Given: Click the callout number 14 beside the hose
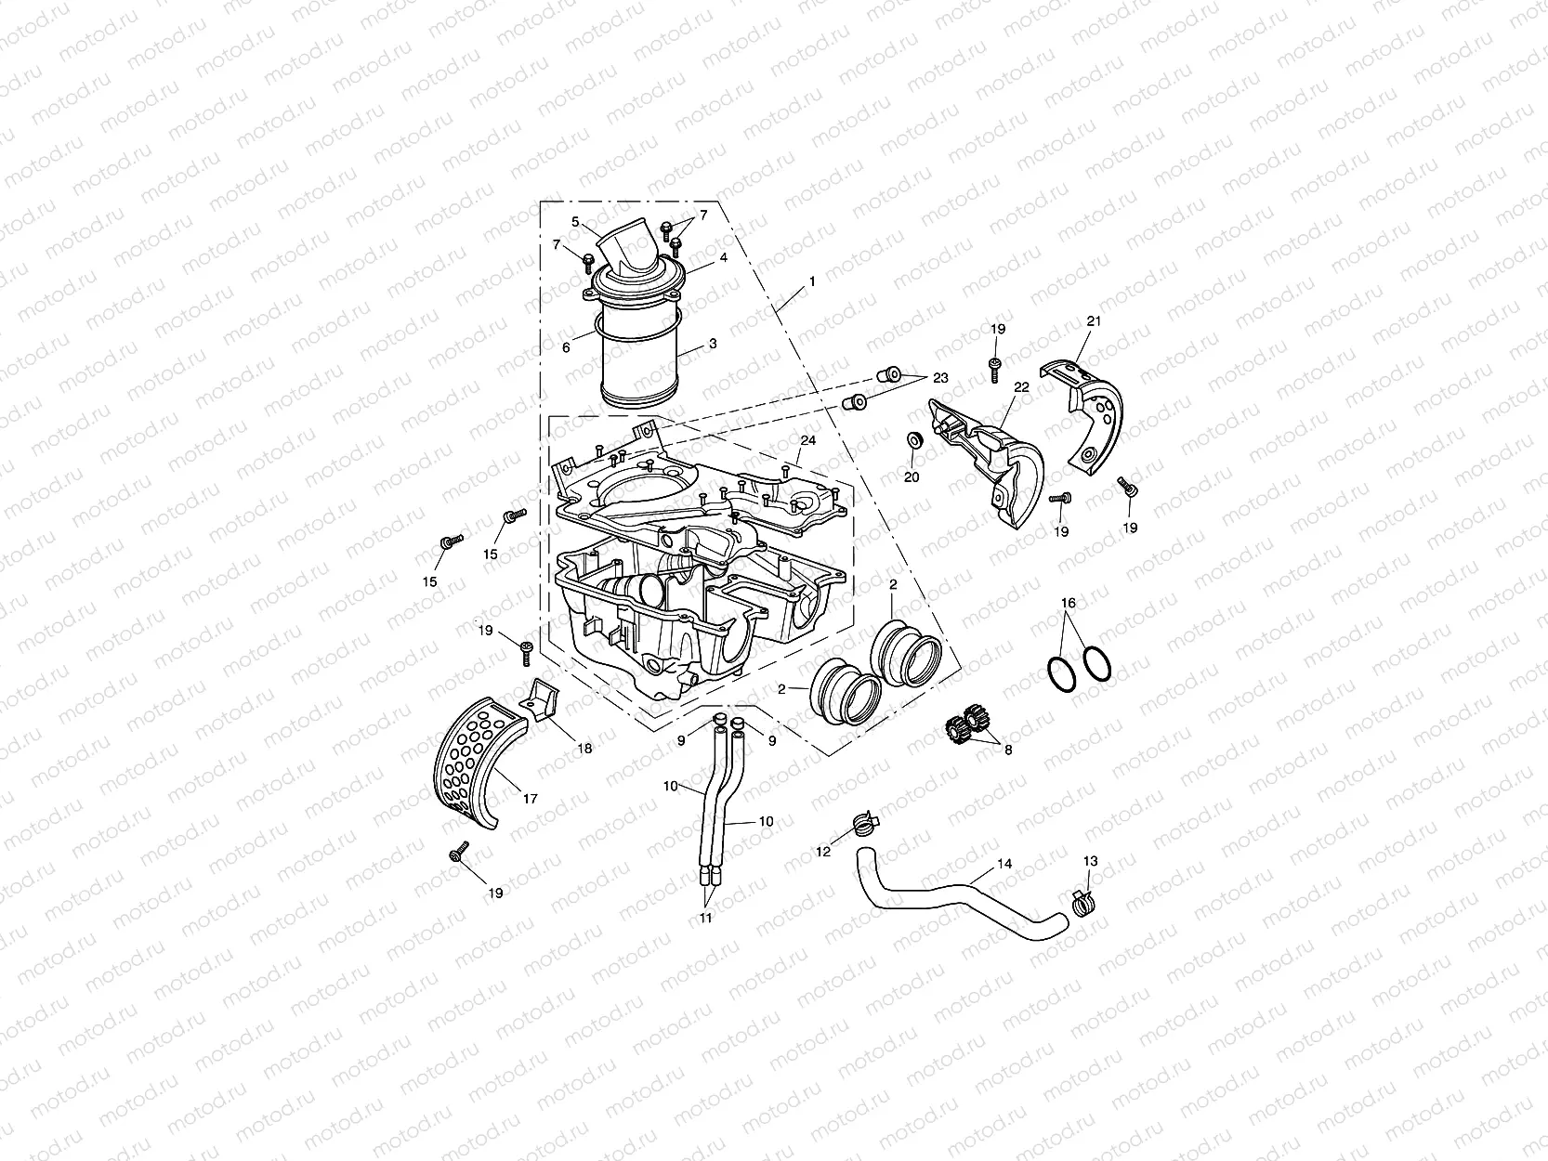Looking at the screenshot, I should click(x=1004, y=864).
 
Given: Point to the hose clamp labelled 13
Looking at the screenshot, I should click(x=1082, y=900).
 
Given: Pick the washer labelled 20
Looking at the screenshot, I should click(x=913, y=438).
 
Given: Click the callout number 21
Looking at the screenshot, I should click(x=1094, y=321).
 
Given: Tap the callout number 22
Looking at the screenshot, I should click(x=1021, y=387).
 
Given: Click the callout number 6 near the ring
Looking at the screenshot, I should click(x=566, y=348).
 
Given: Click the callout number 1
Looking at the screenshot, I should click(x=812, y=280).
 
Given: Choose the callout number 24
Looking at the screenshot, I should click(x=808, y=440).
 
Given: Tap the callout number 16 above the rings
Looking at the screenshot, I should click(x=1069, y=604).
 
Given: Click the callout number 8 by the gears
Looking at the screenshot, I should click(x=1007, y=750).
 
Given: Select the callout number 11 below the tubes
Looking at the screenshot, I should click(x=706, y=919).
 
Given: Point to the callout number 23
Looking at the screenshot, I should click(x=940, y=378).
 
